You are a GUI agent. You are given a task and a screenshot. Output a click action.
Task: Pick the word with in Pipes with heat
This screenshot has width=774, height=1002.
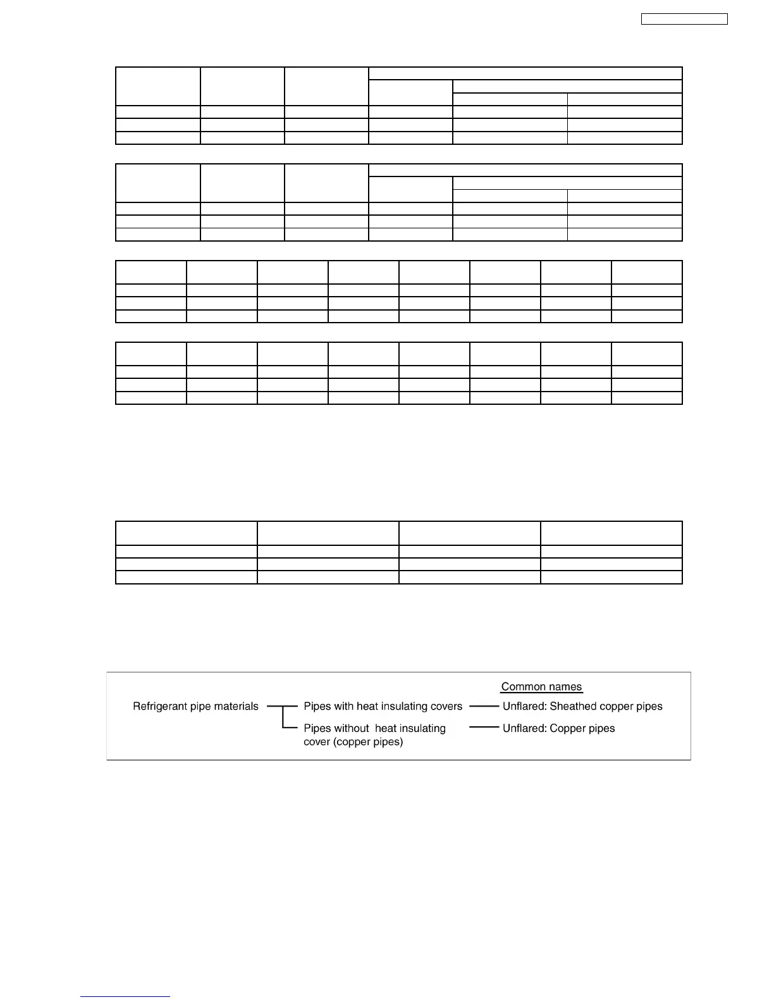tap(343, 707)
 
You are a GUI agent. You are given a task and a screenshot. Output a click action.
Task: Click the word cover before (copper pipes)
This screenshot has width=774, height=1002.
tap(318, 742)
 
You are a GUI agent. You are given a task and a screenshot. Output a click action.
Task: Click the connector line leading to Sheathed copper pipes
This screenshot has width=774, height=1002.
tap(484, 706)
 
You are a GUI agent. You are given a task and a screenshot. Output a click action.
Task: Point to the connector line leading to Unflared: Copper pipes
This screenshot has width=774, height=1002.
tap(484, 728)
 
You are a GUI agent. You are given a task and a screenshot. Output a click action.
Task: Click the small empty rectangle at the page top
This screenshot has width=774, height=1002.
tap(684, 19)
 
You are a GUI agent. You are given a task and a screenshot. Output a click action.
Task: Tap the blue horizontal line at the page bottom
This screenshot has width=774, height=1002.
tap(125, 997)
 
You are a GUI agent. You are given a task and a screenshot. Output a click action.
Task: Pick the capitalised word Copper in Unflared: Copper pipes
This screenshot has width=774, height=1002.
tap(570, 729)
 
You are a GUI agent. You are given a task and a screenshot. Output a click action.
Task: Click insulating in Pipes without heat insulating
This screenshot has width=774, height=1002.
tap(422, 729)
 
